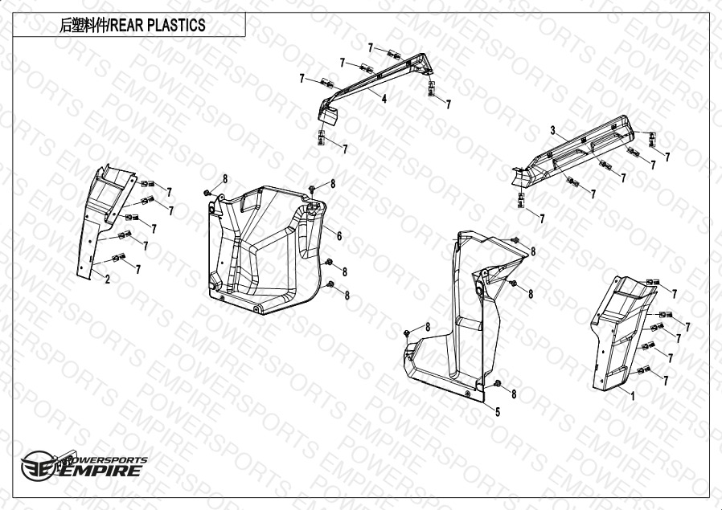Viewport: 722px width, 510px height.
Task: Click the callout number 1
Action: [x=633, y=395]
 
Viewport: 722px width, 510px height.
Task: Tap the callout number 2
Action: [x=107, y=279]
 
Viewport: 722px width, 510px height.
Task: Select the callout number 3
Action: [x=553, y=131]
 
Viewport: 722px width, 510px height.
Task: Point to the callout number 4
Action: [x=384, y=98]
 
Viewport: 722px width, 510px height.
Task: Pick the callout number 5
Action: [x=498, y=412]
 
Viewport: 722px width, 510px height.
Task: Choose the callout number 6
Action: [x=339, y=236]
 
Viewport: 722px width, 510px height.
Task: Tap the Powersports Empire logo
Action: [x=84, y=465]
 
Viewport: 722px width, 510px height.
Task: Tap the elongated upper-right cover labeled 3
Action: [x=576, y=152]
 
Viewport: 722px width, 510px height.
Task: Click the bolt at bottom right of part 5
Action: [x=498, y=384]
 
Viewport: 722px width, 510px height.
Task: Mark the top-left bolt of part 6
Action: [x=207, y=192]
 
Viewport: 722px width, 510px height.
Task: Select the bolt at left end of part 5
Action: [x=407, y=333]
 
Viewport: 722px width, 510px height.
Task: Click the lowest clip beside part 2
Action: [x=118, y=258]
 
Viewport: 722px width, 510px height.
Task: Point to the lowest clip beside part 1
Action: [x=643, y=369]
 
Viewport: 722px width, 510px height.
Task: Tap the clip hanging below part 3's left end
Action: [x=521, y=200]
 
